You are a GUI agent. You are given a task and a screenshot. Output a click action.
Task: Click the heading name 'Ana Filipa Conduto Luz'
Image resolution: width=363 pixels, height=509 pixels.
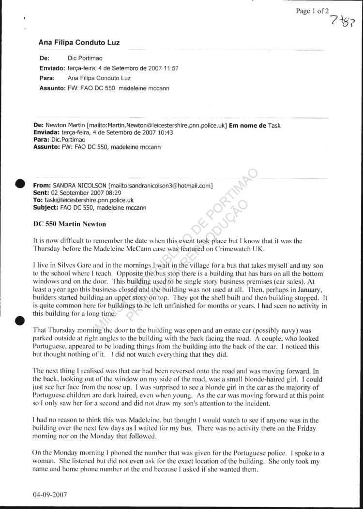(x=79, y=43)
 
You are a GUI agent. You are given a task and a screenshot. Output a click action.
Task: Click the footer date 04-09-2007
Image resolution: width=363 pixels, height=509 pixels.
(x=50, y=495)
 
